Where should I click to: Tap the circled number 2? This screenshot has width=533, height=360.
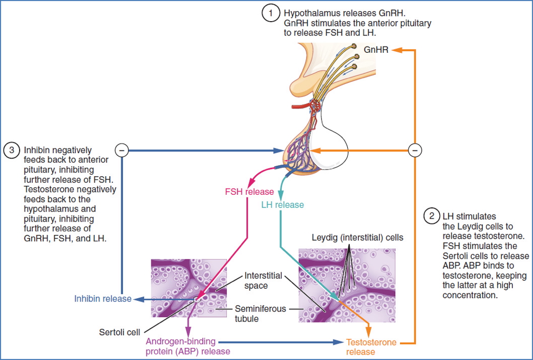click(x=432, y=216)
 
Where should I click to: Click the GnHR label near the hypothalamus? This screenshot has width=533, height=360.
click(x=377, y=51)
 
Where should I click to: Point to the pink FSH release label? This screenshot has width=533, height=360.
click(x=250, y=192)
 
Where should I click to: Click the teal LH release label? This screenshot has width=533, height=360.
click(x=282, y=204)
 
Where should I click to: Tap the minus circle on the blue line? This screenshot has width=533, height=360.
click(x=122, y=151)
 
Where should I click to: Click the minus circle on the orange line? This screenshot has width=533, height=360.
click(x=416, y=151)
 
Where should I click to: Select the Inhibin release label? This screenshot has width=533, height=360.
click(x=102, y=299)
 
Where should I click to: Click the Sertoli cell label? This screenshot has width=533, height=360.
click(x=120, y=332)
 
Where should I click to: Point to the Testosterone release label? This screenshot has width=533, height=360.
click(x=371, y=347)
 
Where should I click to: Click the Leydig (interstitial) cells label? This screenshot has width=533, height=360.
click(x=357, y=238)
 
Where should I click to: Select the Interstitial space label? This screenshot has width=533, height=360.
click(x=263, y=280)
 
